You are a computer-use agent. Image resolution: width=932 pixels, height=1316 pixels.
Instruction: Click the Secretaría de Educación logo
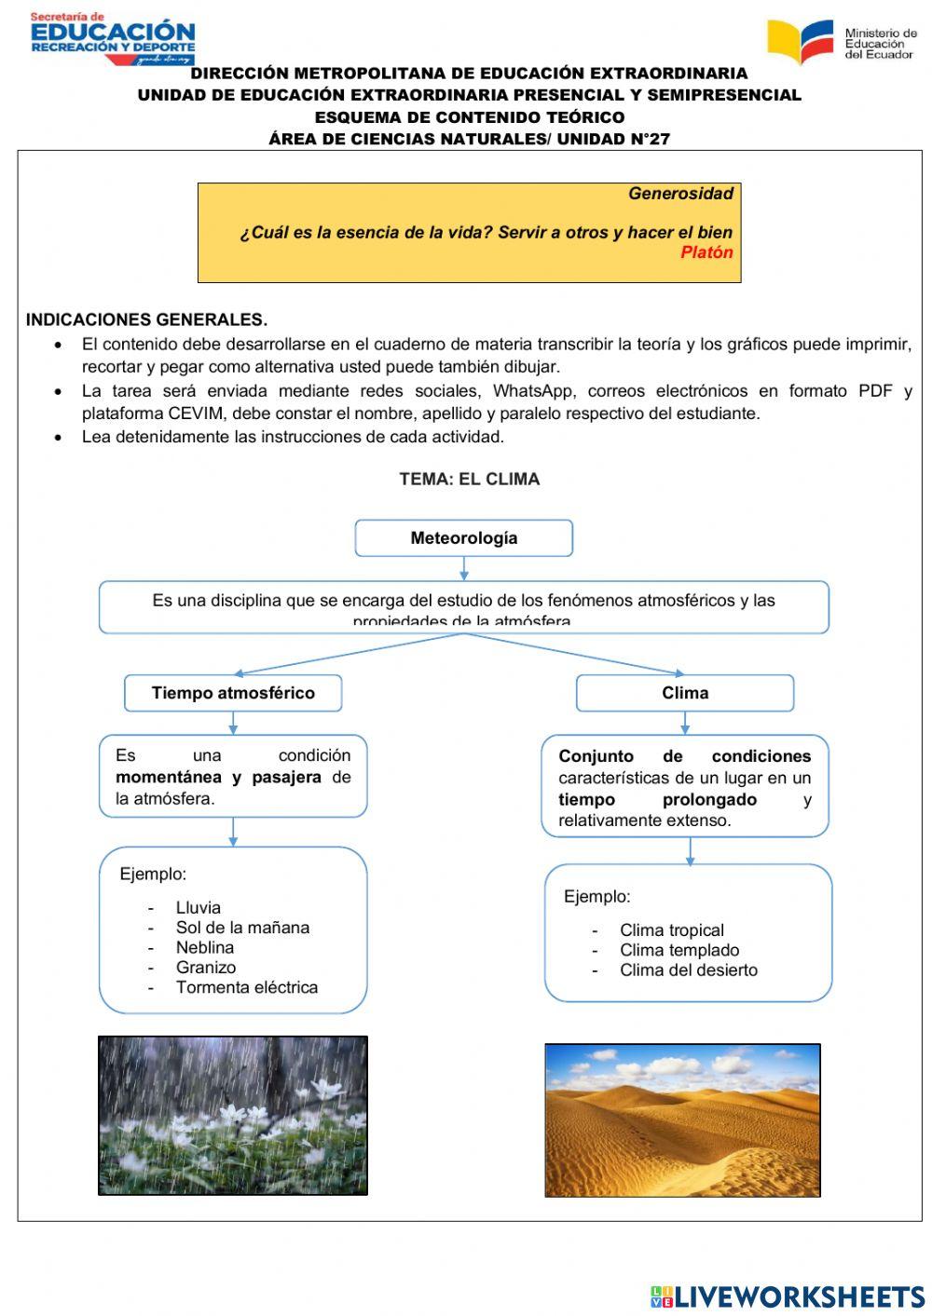click(x=112, y=37)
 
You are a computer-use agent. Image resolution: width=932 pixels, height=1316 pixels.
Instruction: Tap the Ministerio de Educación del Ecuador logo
click(x=841, y=43)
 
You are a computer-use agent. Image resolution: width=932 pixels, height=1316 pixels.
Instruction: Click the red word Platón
click(x=706, y=252)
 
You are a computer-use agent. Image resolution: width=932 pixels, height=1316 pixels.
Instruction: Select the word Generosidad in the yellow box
click(x=680, y=194)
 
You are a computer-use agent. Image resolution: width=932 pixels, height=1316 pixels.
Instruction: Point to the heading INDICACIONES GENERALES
click(x=146, y=319)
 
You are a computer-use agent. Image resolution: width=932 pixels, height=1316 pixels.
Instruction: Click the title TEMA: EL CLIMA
click(x=469, y=479)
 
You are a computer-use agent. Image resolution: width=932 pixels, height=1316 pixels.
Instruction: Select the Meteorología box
click(x=463, y=538)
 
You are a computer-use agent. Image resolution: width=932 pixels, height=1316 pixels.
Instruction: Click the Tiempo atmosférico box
click(x=233, y=693)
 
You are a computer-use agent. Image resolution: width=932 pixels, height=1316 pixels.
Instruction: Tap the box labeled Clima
click(x=684, y=693)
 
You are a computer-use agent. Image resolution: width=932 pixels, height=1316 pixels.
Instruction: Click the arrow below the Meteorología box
click(x=463, y=568)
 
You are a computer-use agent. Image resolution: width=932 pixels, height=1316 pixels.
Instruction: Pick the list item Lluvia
click(x=198, y=907)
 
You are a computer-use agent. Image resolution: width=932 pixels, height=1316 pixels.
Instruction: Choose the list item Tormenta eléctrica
click(x=246, y=987)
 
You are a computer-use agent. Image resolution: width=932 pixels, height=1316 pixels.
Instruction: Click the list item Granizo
click(x=205, y=968)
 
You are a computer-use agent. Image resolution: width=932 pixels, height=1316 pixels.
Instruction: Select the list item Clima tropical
click(x=671, y=929)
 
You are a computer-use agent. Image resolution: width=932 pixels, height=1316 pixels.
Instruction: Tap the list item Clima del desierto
click(x=688, y=970)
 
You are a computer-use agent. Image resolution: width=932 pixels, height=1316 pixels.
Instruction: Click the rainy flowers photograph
click(x=233, y=1115)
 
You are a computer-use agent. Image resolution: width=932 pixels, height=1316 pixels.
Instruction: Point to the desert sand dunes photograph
click(x=682, y=1119)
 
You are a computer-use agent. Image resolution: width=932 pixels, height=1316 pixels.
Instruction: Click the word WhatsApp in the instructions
click(x=532, y=391)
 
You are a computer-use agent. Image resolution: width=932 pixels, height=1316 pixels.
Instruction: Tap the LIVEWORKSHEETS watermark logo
click(x=788, y=1296)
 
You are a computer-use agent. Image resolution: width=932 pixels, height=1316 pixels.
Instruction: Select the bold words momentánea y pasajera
click(x=218, y=777)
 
